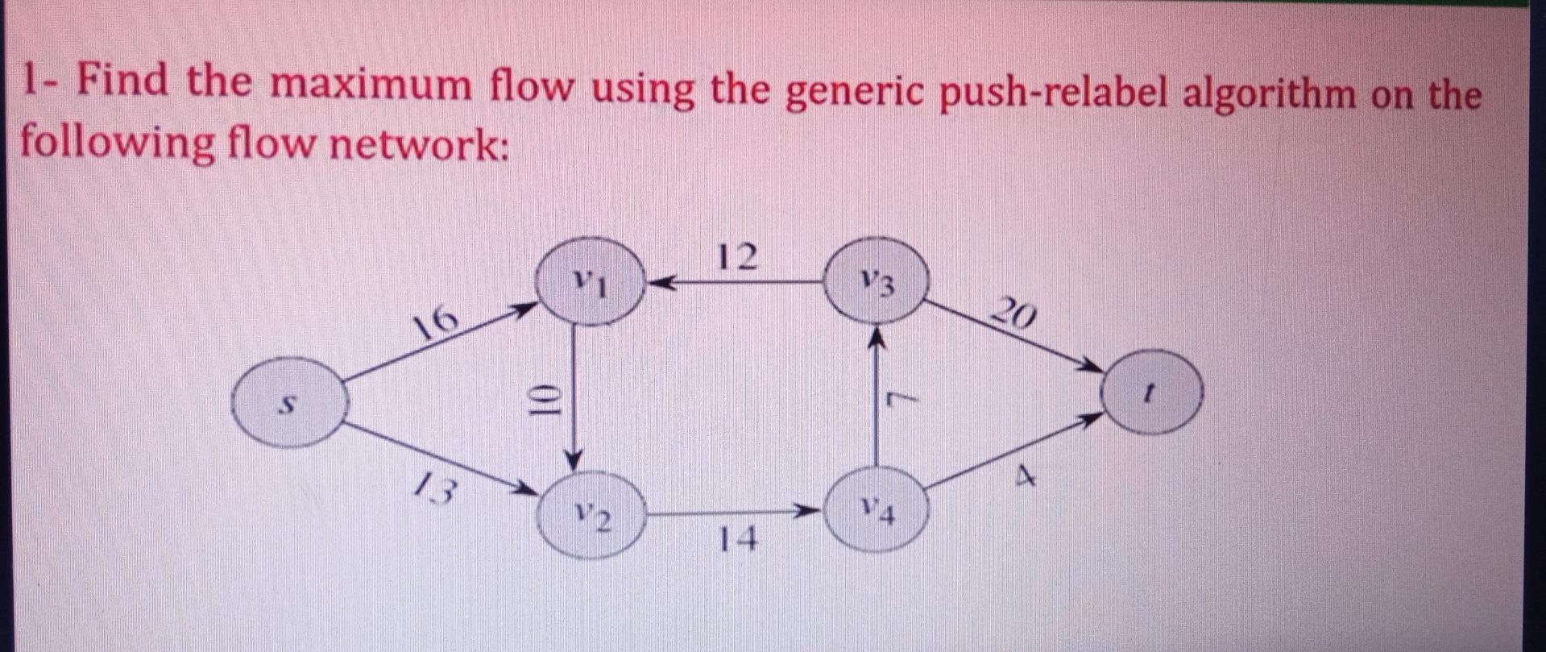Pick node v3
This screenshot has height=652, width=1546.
pos(877,283)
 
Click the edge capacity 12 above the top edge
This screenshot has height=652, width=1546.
pos(737,257)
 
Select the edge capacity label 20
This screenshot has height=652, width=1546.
pos(1013,313)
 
